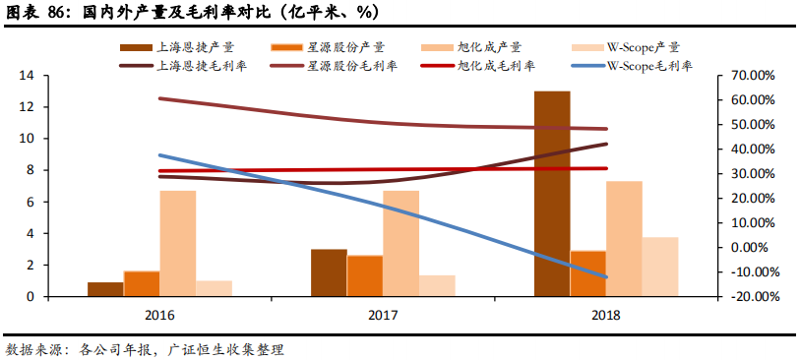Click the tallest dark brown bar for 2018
point(552,194)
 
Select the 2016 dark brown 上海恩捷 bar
point(105,289)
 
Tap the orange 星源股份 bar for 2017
point(364,275)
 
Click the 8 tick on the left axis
point(30,170)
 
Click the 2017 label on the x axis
point(383,315)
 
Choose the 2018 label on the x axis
point(606,315)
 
